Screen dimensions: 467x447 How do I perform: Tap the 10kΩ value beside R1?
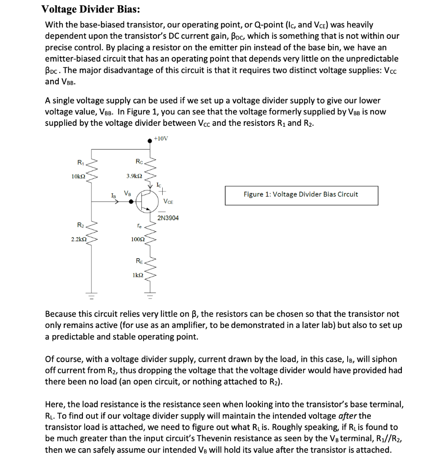[x=77, y=176]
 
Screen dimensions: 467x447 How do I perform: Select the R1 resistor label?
[x=80, y=162]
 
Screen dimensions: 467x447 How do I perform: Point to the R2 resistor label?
[x=80, y=225]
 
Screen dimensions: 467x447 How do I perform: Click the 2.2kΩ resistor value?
[x=78, y=239]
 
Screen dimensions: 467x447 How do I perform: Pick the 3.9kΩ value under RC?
[x=134, y=176]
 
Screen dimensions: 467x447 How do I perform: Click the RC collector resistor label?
[x=139, y=161]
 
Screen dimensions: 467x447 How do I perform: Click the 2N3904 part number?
[x=168, y=218]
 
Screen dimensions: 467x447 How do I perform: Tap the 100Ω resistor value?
[x=138, y=239]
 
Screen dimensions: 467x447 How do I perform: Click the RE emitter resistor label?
[x=139, y=261]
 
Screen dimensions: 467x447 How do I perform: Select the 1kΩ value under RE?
[x=138, y=275]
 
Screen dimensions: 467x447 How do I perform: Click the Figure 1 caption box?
[x=301, y=195]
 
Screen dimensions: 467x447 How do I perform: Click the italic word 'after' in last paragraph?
[x=348, y=415]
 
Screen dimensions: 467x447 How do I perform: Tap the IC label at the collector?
[x=158, y=185]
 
